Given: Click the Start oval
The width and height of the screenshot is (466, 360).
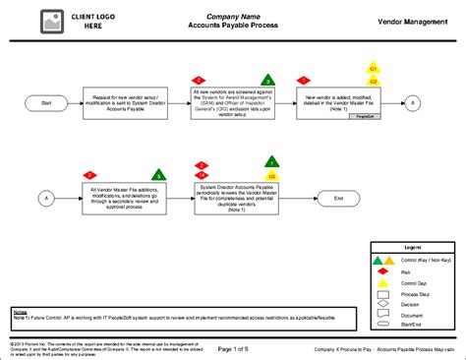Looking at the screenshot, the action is (x=46, y=102).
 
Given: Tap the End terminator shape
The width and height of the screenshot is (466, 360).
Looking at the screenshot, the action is (x=338, y=198).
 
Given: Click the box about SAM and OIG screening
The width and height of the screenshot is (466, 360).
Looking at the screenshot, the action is (x=232, y=102).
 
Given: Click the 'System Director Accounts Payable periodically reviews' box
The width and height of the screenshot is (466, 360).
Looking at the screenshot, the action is (x=233, y=198).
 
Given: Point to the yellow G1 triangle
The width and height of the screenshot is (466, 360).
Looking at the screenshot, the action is (x=373, y=68).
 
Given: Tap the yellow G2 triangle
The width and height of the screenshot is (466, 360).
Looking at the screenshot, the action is (x=373, y=81).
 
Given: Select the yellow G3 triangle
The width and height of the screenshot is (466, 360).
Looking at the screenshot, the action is (x=271, y=162).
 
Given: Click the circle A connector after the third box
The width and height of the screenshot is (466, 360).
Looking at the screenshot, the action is (x=415, y=102).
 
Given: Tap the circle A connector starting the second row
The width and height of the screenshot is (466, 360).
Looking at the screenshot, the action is (x=46, y=198).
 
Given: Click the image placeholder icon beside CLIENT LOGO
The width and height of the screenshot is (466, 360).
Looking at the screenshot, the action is (x=49, y=21).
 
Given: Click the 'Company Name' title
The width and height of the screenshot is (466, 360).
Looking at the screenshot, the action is (x=233, y=17).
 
